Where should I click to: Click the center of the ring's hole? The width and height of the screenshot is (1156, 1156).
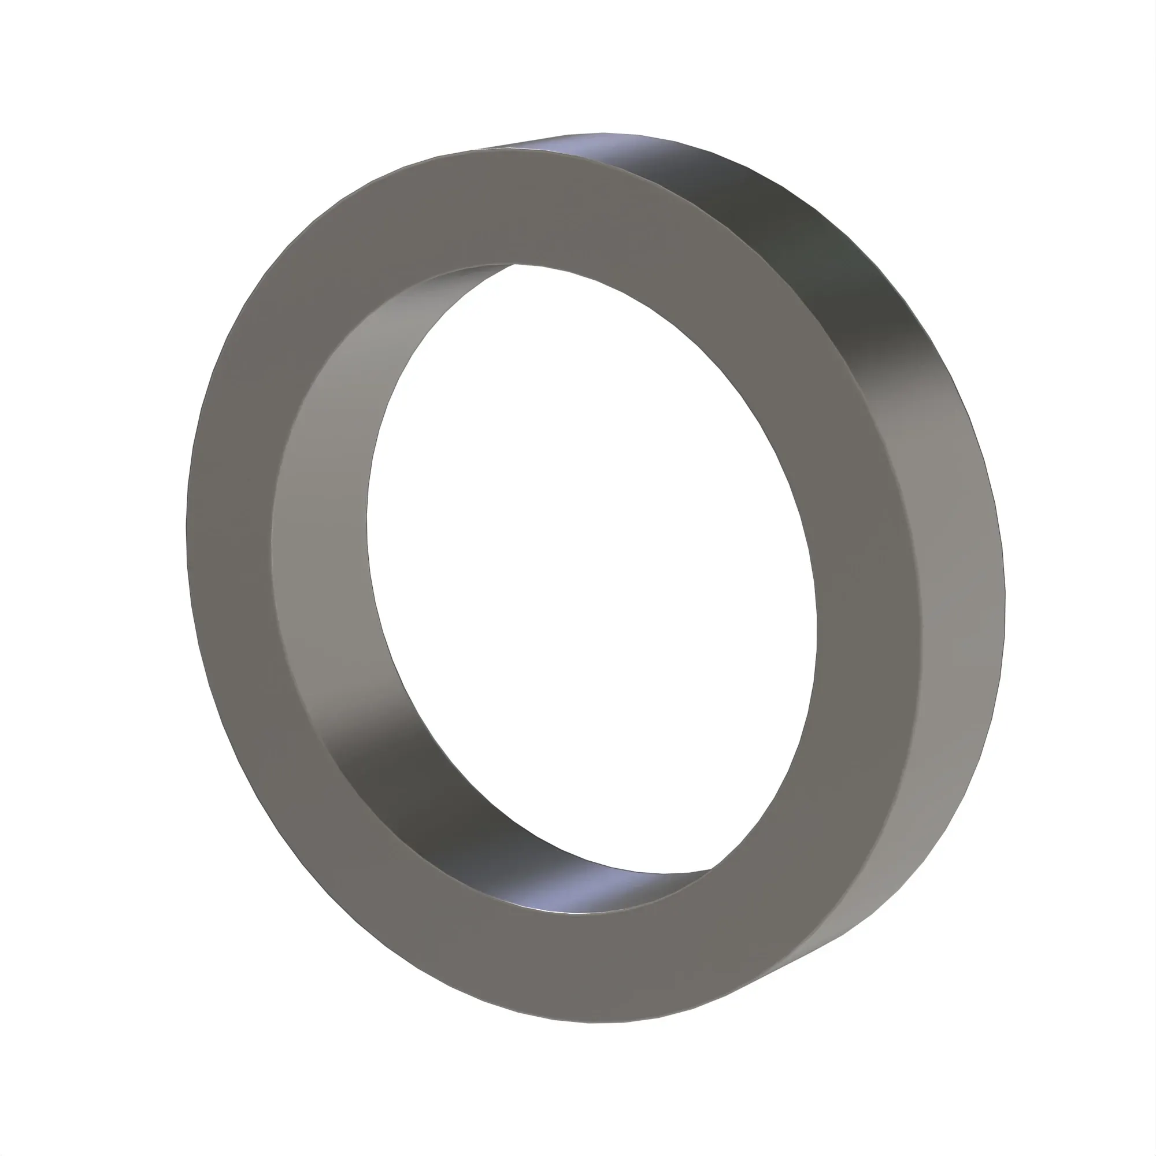592,568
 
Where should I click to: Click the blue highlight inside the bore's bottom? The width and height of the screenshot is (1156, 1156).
575,898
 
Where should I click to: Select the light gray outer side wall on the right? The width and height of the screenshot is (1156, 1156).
957,598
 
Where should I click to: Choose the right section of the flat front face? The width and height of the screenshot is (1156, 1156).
868,598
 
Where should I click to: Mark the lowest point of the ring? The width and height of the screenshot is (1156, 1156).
592,1022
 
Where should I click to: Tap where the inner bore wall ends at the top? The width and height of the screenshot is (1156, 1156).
513,264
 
